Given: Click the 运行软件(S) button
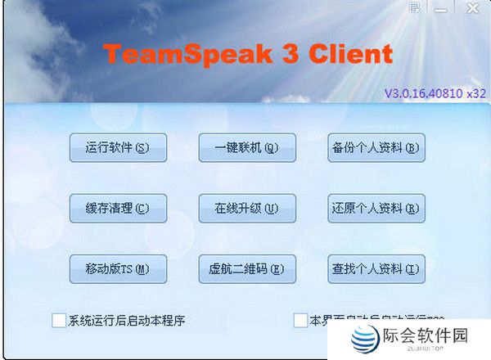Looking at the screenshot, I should coord(119,147).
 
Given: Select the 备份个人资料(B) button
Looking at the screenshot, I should coord(376,147).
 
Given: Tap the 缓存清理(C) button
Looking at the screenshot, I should coord(119,208).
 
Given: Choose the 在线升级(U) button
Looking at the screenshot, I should coord(247,208).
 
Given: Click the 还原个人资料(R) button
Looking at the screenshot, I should coord(376,208).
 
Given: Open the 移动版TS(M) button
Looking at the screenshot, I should coord(119,268).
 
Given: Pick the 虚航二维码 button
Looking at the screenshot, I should coord(247,268).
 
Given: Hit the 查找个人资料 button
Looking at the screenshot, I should coord(376,268).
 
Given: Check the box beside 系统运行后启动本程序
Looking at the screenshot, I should coord(59,320).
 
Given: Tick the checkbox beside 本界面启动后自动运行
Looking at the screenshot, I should coord(301,320).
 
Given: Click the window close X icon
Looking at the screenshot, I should coord(473,8).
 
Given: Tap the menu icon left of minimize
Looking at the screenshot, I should coord(416,8).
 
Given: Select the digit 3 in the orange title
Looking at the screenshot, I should coord(277,54).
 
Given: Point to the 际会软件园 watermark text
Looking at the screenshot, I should coord(425,336).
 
